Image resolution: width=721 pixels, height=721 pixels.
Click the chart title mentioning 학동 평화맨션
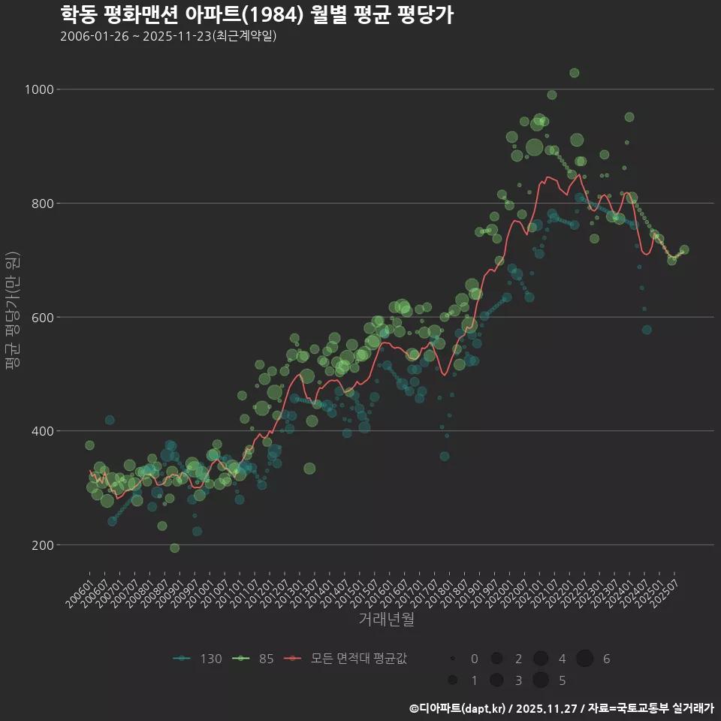(256, 14)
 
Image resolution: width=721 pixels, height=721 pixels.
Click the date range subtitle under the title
(168, 36)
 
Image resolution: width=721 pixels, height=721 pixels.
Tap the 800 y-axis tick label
(42, 204)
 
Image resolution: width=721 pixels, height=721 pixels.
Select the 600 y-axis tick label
(42, 317)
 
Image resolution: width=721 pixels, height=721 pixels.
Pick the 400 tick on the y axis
(42, 431)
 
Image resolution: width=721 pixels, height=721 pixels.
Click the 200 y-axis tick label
(42, 545)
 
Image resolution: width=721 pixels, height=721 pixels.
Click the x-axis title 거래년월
(386, 619)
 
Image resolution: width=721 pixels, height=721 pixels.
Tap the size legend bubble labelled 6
(585, 659)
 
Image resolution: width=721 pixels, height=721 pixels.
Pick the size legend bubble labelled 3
(496, 680)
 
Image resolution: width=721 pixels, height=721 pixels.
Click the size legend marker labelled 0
(453, 659)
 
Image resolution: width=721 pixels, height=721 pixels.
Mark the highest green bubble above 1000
(574, 73)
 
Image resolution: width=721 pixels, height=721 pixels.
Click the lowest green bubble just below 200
(174, 548)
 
